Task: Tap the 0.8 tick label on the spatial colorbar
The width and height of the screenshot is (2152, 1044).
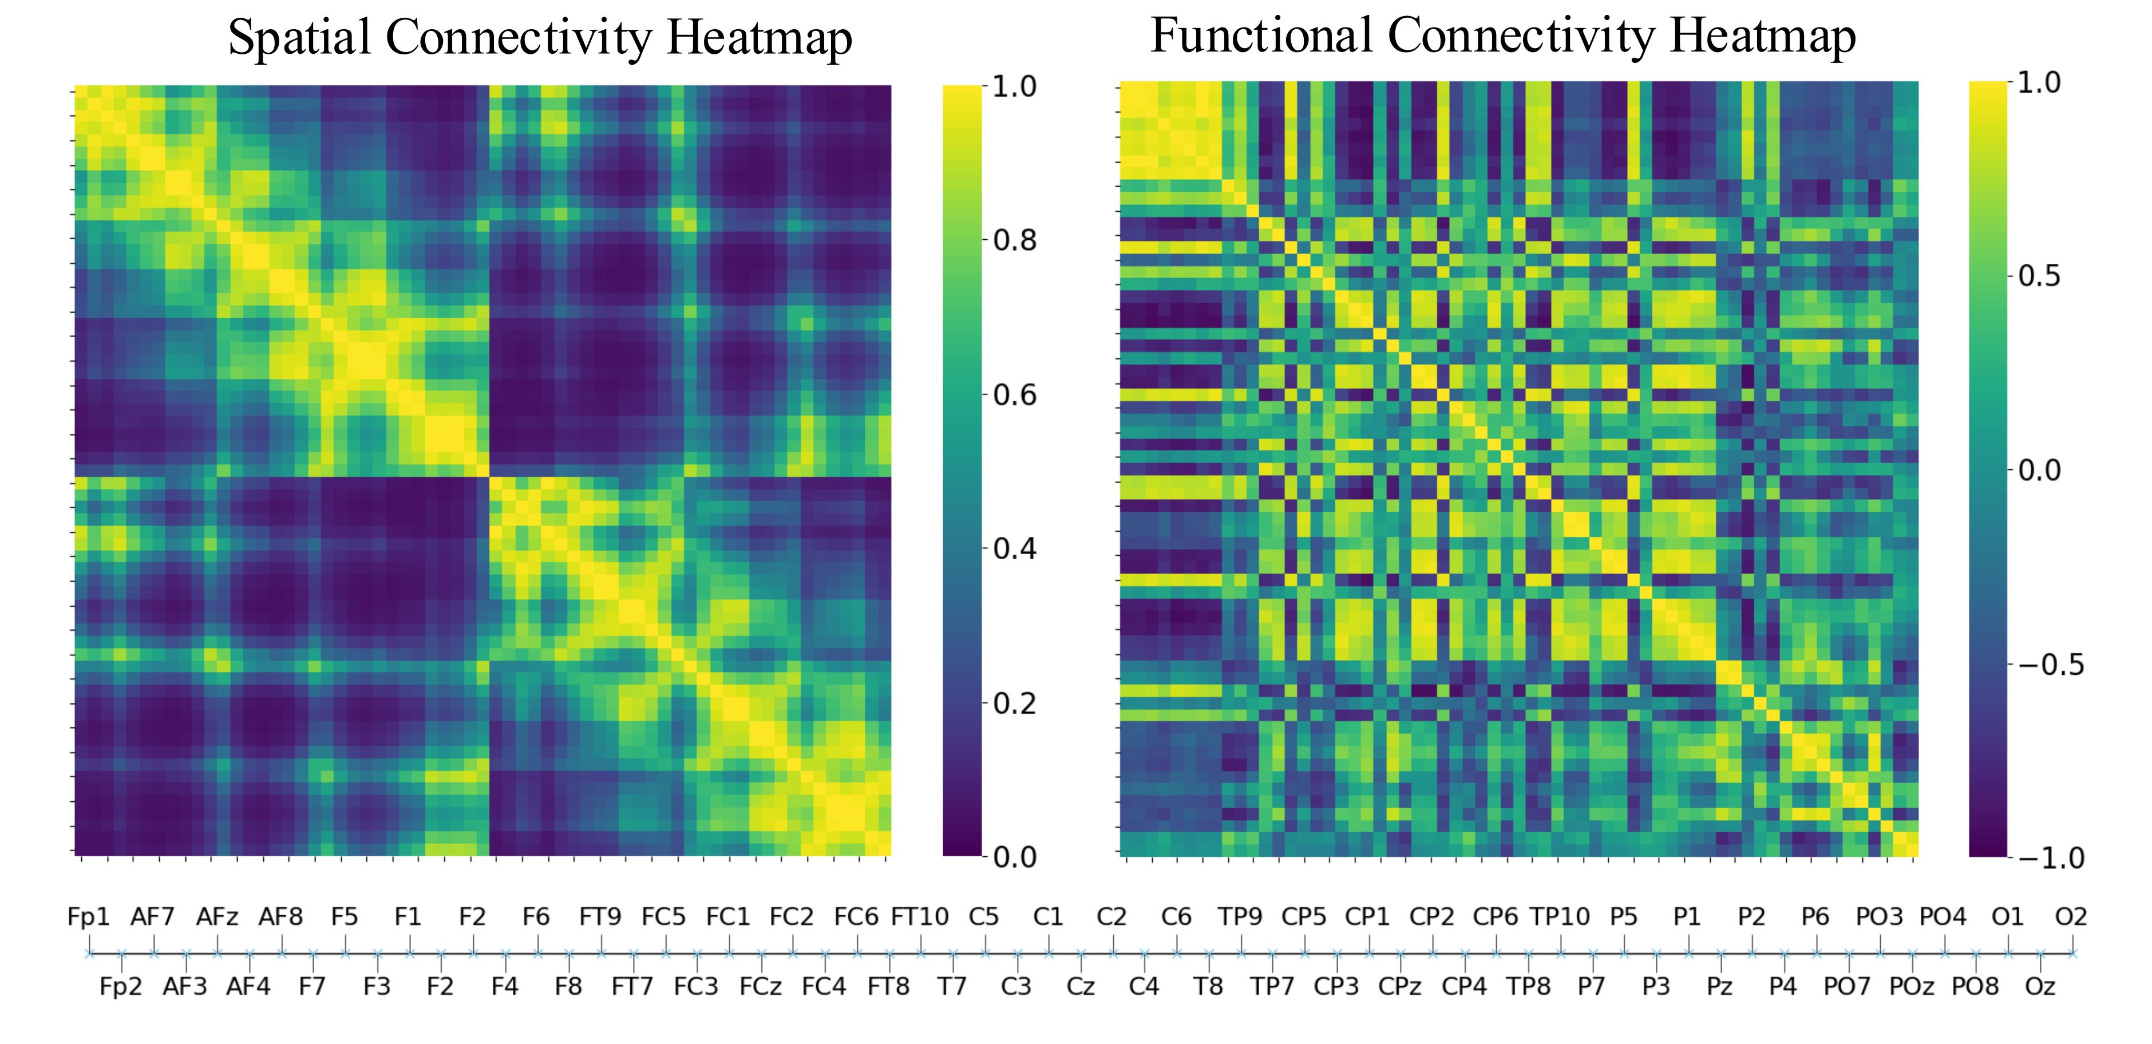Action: point(1015,240)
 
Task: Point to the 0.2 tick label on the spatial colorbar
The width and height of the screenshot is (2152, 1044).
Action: point(1015,703)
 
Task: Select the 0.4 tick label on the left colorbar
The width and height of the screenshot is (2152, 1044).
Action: point(1015,549)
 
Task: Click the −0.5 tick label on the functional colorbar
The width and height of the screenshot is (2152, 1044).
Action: point(2051,665)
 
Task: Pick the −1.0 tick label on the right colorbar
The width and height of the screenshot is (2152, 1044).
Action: point(2051,858)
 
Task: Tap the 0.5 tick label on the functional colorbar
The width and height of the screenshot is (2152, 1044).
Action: point(2039,276)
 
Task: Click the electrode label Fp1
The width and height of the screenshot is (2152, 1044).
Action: point(89,917)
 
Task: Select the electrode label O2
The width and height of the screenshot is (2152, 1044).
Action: point(2071,917)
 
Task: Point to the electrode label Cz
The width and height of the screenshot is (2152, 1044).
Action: point(1080,986)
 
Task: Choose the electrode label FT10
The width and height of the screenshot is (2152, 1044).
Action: point(920,917)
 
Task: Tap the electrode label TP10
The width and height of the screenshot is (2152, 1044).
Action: point(1560,917)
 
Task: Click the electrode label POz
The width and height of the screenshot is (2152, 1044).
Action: point(1912,986)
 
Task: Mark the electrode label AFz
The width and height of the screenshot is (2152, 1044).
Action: point(217,917)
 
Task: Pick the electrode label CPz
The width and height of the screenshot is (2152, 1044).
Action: point(1399,986)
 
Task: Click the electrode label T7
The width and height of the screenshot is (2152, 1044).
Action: point(952,986)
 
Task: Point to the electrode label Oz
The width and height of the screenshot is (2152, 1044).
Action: point(2039,986)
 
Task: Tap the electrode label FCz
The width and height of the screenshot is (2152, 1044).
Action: point(760,986)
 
